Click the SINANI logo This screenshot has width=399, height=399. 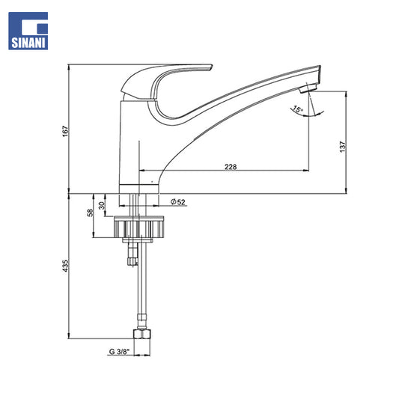28,31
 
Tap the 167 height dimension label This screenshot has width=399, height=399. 65,131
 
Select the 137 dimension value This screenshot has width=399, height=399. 343,147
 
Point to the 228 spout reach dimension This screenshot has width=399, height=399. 231,167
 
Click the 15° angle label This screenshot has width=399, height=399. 297,109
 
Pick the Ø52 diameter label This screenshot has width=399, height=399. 178,202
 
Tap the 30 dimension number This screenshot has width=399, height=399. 102,205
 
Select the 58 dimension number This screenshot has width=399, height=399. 91,213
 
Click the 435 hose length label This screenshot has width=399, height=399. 65,266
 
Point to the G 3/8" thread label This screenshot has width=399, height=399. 119,352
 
